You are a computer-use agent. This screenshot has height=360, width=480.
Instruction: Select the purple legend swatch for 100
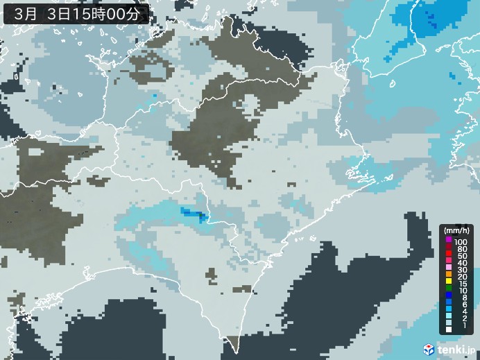(x=449, y=241)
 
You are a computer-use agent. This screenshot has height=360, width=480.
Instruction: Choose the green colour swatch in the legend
(x=449, y=288)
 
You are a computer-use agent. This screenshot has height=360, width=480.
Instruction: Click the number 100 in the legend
(x=461, y=241)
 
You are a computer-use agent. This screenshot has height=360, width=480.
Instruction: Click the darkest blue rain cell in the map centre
(x=203, y=218)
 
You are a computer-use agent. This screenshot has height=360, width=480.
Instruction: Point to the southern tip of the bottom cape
(x=233, y=351)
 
